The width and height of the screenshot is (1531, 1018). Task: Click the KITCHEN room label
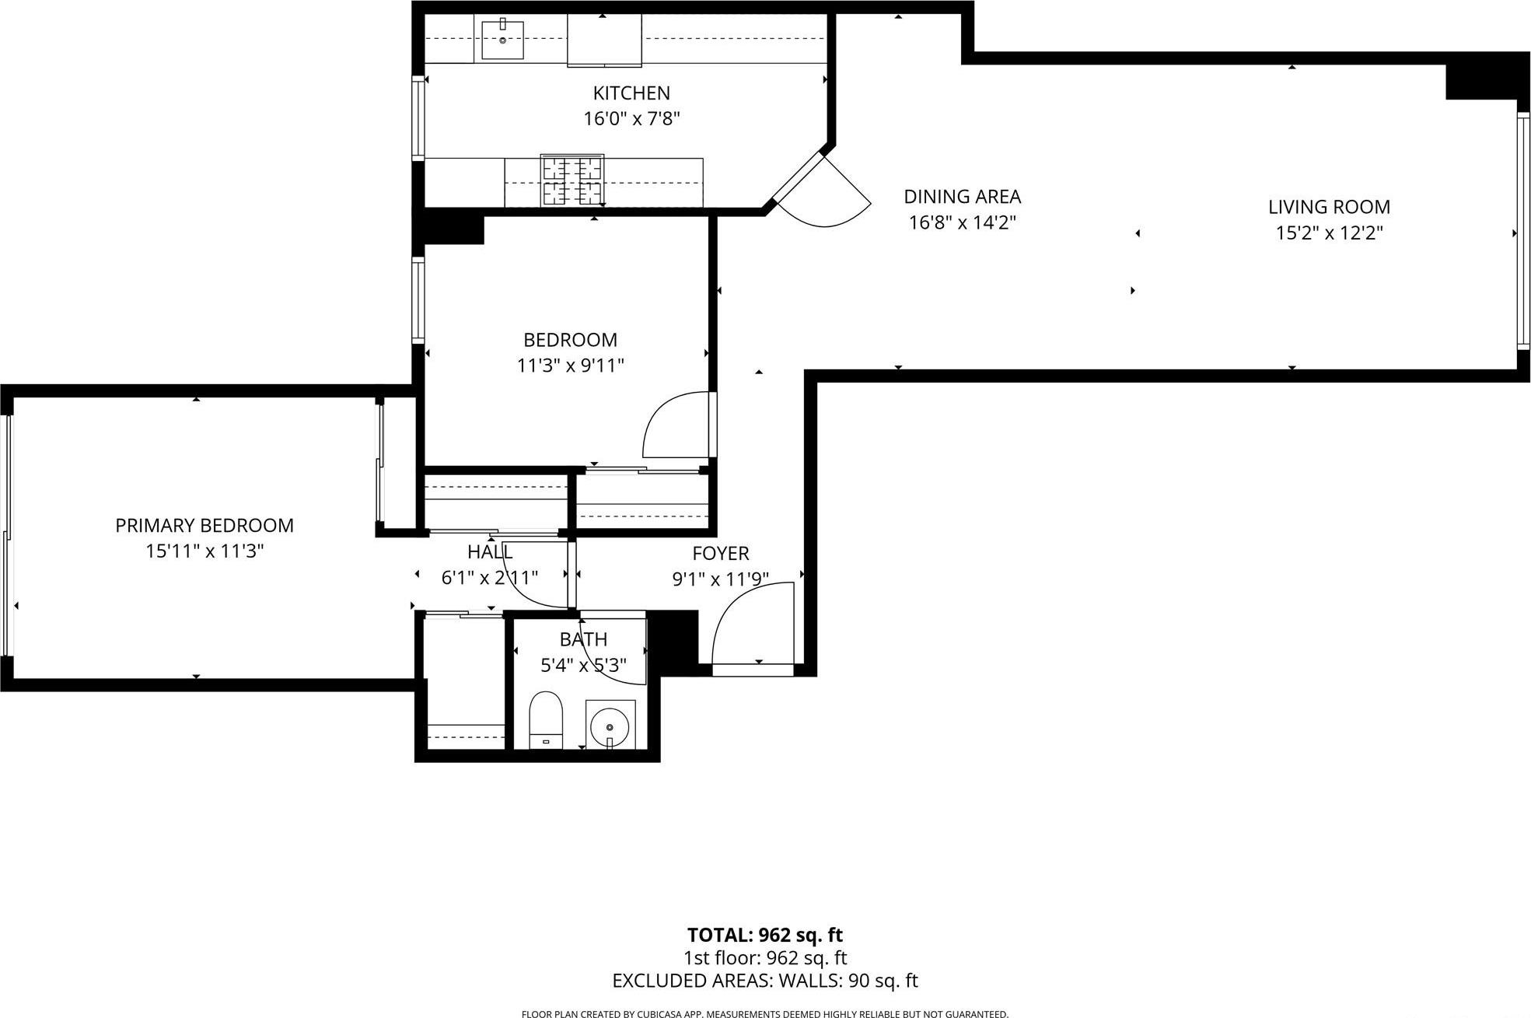[x=631, y=93]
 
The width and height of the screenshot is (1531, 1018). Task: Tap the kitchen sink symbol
[x=502, y=40]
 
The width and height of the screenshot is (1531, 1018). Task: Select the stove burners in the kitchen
[x=572, y=180]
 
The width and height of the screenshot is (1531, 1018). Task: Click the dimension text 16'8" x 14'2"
[x=963, y=223]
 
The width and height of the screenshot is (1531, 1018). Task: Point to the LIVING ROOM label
[x=1329, y=207]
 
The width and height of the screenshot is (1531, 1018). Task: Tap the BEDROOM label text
[x=570, y=340]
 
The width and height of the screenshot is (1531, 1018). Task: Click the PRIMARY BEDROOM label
[x=204, y=526]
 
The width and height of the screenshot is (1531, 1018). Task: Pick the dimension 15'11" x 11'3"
[x=204, y=551]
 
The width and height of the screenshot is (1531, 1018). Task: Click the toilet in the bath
[x=546, y=719]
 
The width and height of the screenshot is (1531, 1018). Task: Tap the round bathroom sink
[x=610, y=726]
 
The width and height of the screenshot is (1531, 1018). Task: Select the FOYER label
[x=721, y=554]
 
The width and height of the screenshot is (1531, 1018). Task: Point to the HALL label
[x=490, y=552]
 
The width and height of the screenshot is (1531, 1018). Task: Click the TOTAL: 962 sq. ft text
[x=764, y=935]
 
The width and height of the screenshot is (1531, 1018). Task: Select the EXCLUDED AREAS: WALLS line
[x=764, y=981]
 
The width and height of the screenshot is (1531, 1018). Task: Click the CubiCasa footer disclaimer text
[x=764, y=1013]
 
